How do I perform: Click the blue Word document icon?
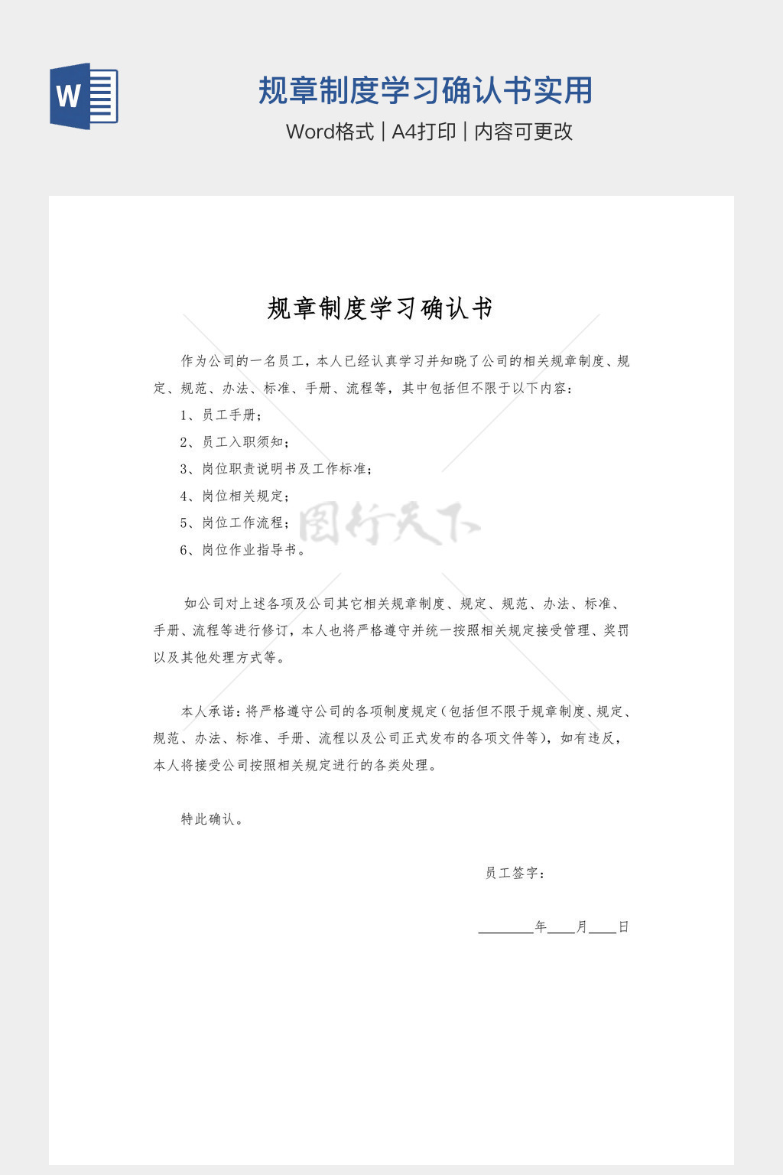(84, 96)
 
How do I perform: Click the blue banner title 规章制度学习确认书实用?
(425, 90)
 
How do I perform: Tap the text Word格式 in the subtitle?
(330, 132)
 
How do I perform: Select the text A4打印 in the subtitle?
(424, 132)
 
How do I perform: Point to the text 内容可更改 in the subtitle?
(523, 132)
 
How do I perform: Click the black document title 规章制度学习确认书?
(380, 308)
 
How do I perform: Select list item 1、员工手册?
(222, 415)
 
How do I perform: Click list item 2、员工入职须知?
(235, 442)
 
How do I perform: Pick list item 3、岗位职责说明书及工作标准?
(276, 469)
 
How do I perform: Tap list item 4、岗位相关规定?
(235, 496)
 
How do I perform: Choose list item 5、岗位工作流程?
(235, 522)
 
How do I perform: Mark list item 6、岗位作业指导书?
(242, 550)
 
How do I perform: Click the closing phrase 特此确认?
(212, 819)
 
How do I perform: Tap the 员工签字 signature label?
(515, 873)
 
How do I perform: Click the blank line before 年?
(505, 928)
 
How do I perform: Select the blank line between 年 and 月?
(561, 928)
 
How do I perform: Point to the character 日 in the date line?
(623, 927)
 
